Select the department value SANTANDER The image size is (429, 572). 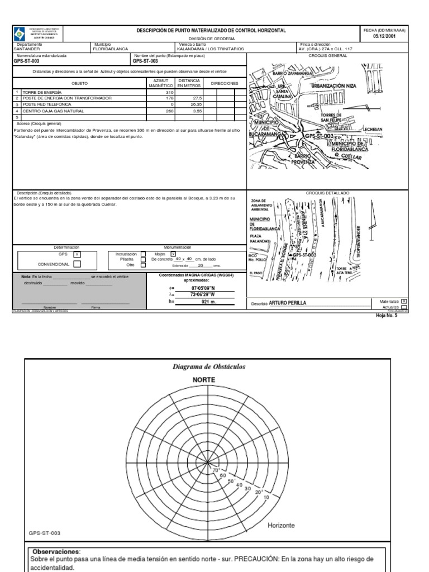point(27,49)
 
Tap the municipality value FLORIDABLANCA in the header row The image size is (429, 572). point(111,49)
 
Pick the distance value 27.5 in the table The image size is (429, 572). point(193,98)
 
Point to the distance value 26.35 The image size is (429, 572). point(193,104)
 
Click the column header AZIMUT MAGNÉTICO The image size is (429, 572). point(160,83)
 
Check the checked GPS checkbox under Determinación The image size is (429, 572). point(77,254)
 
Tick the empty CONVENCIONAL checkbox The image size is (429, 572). point(77,264)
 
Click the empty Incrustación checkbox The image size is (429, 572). point(144,254)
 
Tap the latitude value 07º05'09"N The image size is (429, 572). point(203,288)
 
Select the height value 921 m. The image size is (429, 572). point(208,302)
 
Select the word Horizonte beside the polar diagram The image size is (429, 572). point(282,526)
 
